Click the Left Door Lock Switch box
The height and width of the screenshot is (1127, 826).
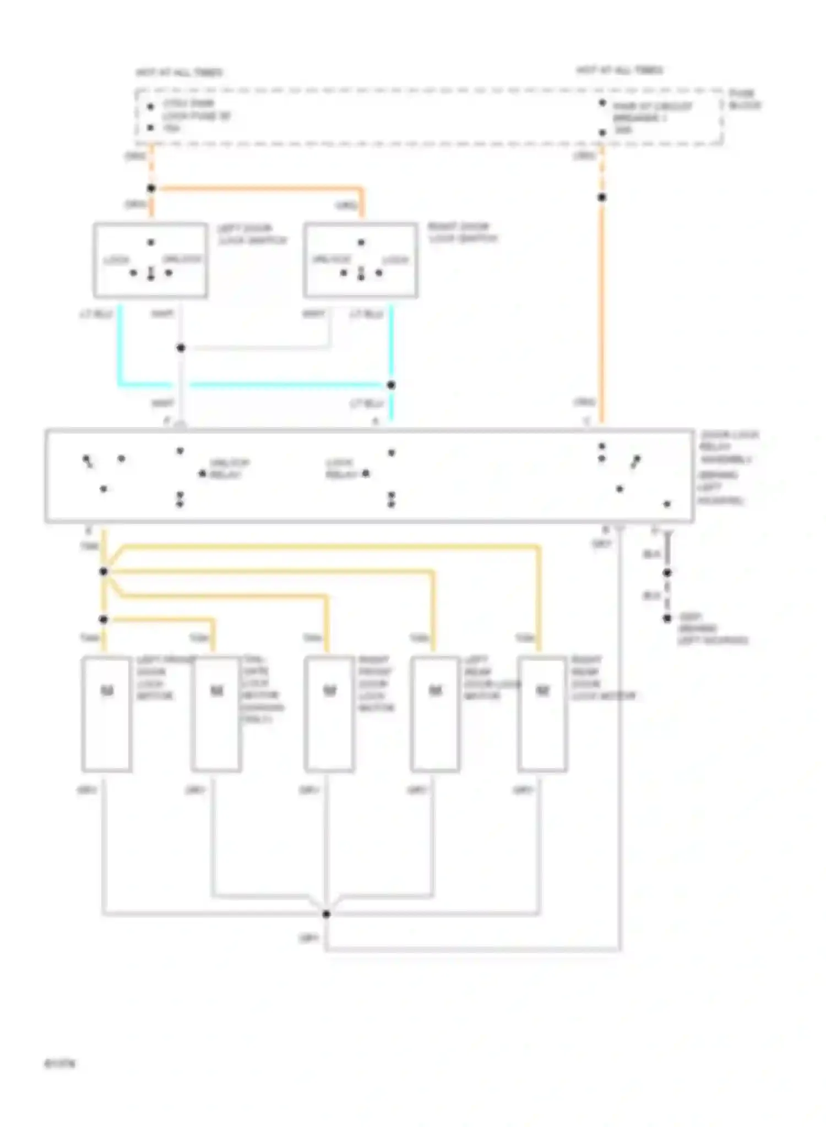150,260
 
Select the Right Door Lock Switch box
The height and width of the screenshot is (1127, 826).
361,260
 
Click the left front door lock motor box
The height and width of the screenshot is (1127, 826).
106,713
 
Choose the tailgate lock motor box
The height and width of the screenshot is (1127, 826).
216,713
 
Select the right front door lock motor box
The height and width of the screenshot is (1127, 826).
329,713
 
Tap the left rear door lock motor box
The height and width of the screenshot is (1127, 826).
435,713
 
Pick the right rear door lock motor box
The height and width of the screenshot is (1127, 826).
542,713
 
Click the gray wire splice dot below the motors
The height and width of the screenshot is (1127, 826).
326,914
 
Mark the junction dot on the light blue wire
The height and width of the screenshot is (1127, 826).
391,385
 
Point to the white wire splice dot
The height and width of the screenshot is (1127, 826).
181,348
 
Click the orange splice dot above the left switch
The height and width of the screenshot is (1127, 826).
151,188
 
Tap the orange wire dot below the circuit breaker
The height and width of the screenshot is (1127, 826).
602,197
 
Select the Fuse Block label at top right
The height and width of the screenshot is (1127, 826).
745,99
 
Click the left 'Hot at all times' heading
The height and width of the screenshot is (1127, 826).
180,73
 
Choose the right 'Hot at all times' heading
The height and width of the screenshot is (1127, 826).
619,70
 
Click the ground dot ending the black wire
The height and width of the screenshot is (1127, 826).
667,618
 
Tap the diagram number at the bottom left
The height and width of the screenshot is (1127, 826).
59,1063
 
